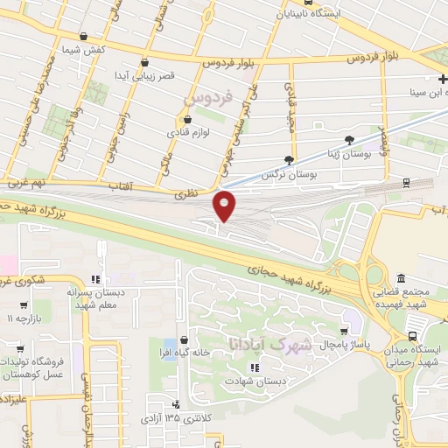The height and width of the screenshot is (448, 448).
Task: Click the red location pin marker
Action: tap(225, 205)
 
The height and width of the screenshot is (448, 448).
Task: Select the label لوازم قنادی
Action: tap(186, 134)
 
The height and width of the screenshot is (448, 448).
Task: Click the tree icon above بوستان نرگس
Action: tap(289, 160)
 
